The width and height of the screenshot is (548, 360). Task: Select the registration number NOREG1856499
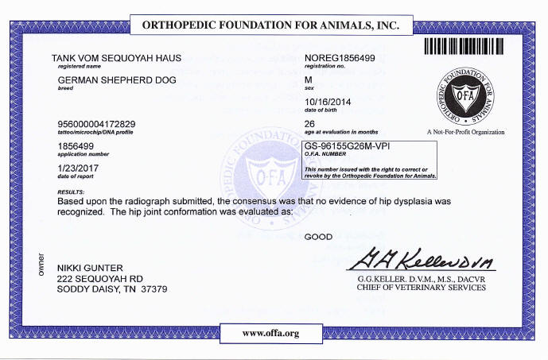(x=340, y=59)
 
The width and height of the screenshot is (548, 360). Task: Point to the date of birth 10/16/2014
(x=328, y=102)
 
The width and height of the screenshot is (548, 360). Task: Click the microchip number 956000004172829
(x=97, y=124)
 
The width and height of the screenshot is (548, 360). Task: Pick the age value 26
(x=310, y=124)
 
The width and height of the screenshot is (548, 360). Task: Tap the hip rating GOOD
(x=318, y=237)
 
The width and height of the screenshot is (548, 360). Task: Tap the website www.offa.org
(x=270, y=333)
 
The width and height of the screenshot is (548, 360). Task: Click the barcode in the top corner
(x=475, y=45)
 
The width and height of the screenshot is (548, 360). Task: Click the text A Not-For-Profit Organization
(x=466, y=132)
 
